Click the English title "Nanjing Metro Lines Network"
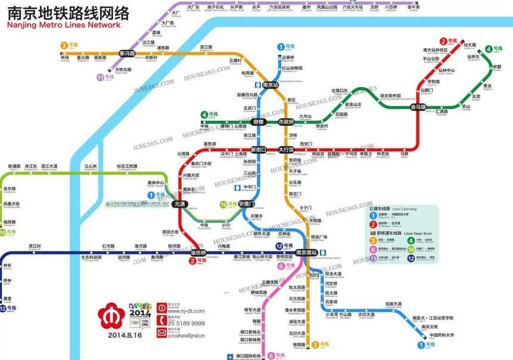pyautogui.click(x=64, y=25)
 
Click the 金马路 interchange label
pyautogui.click(x=418, y=107)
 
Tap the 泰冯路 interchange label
pyautogui.click(x=128, y=54)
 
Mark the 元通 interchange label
pyautogui.click(x=179, y=204)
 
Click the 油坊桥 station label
pyautogui.click(x=198, y=253)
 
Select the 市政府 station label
pyautogui.click(x=287, y=122)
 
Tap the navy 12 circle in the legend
pyautogui.click(x=411, y=258)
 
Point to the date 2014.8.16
pyautogui.click(x=126, y=336)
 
